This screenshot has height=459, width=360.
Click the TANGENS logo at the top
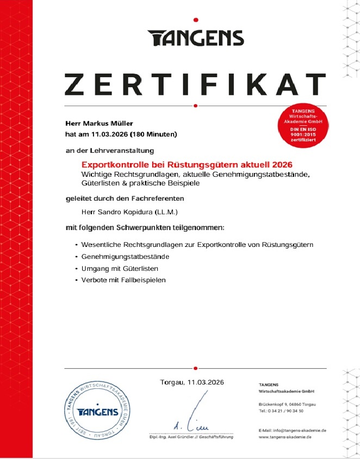(195, 38)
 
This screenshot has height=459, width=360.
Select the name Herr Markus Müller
(98, 123)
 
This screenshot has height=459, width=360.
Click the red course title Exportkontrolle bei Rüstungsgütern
(187, 164)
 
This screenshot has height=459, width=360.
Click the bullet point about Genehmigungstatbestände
(125, 256)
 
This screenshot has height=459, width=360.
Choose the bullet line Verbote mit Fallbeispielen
(123, 280)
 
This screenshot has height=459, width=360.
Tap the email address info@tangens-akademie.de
(292, 430)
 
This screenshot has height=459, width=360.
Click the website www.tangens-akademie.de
(285, 437)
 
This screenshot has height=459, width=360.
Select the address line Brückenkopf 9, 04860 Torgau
(287, 405)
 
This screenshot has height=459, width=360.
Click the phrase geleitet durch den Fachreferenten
(125, 198)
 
